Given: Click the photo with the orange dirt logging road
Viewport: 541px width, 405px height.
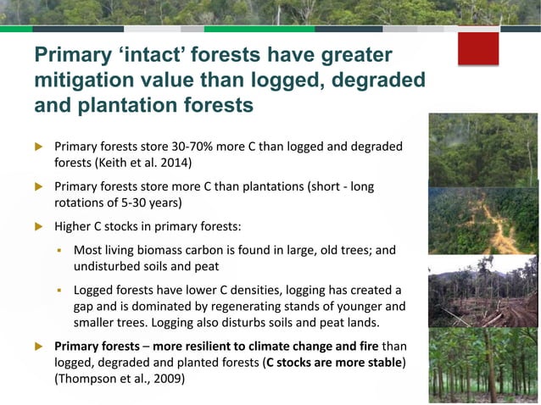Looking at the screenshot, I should pyautogui.click(x=482, y=220).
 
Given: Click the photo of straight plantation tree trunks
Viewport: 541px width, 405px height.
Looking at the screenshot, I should pyautogui.click(x=482, y=363).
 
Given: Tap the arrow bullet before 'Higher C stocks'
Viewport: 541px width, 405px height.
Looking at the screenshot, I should pyautogui.click(x=38, y=226).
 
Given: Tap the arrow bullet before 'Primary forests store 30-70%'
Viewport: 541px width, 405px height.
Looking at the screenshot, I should pyautogui.click(x=38, y=147).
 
